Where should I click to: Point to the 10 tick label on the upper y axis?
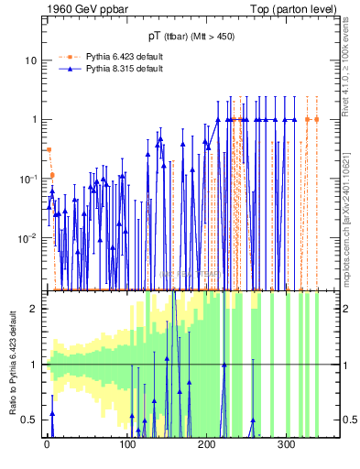coord(31,60)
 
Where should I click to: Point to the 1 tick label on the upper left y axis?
coord(34,119)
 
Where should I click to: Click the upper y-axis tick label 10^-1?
coord(28,178)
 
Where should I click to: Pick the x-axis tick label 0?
coord(47,445)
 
